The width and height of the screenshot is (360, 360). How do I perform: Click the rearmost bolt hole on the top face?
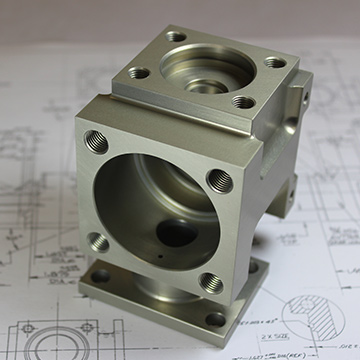177,37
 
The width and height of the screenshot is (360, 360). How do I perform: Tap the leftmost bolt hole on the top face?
140,72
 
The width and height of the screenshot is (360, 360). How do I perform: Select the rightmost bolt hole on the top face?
274,62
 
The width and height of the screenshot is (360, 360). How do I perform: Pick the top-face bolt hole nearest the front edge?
242,101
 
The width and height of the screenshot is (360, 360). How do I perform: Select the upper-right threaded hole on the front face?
217,180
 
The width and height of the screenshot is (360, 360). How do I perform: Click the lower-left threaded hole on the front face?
97,241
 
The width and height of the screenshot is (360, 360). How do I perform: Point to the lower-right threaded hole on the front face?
210,283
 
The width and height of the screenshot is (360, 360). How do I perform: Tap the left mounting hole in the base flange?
99,277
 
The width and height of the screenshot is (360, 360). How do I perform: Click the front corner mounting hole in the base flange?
215,321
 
